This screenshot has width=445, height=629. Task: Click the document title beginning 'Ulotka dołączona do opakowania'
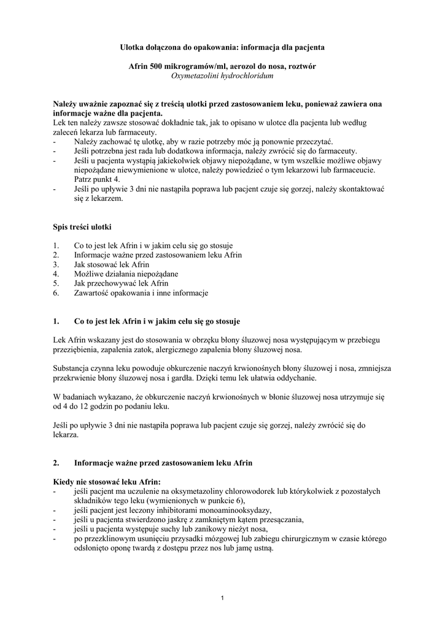pos(222,47)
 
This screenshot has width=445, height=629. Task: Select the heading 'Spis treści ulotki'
pos(82,227)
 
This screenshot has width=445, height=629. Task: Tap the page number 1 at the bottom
pos(223,599)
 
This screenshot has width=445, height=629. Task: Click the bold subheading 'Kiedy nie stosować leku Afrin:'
pos(107,482)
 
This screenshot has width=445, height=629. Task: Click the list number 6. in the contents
pos(56,293)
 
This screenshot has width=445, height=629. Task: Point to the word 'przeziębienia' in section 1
pos(75,350)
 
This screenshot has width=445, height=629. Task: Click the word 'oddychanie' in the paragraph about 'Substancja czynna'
pos(295,378)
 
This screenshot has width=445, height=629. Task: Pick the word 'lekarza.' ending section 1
pos(66,434)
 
